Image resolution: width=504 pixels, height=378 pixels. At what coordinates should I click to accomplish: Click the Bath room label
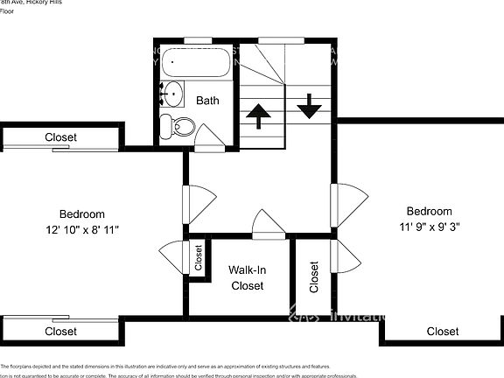point(207,101)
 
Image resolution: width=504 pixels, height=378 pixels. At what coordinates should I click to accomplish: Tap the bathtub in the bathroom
point(197,63)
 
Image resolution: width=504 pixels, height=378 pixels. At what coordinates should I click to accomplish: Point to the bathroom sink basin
point(172,90)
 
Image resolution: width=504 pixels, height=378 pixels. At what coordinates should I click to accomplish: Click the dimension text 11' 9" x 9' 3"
point(429,226)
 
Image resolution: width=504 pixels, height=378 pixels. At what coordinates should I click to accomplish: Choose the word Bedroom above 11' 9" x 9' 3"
point(429,211)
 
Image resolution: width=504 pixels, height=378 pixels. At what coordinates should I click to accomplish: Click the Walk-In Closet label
point(247,277)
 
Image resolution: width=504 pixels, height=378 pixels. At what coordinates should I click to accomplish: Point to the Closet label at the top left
point(60,137)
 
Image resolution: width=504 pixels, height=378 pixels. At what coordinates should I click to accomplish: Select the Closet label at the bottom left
point(60,332)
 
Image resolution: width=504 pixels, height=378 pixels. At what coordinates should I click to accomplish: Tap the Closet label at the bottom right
point(442,332)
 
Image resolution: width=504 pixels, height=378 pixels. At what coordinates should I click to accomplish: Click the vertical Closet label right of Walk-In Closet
point(314,277)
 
